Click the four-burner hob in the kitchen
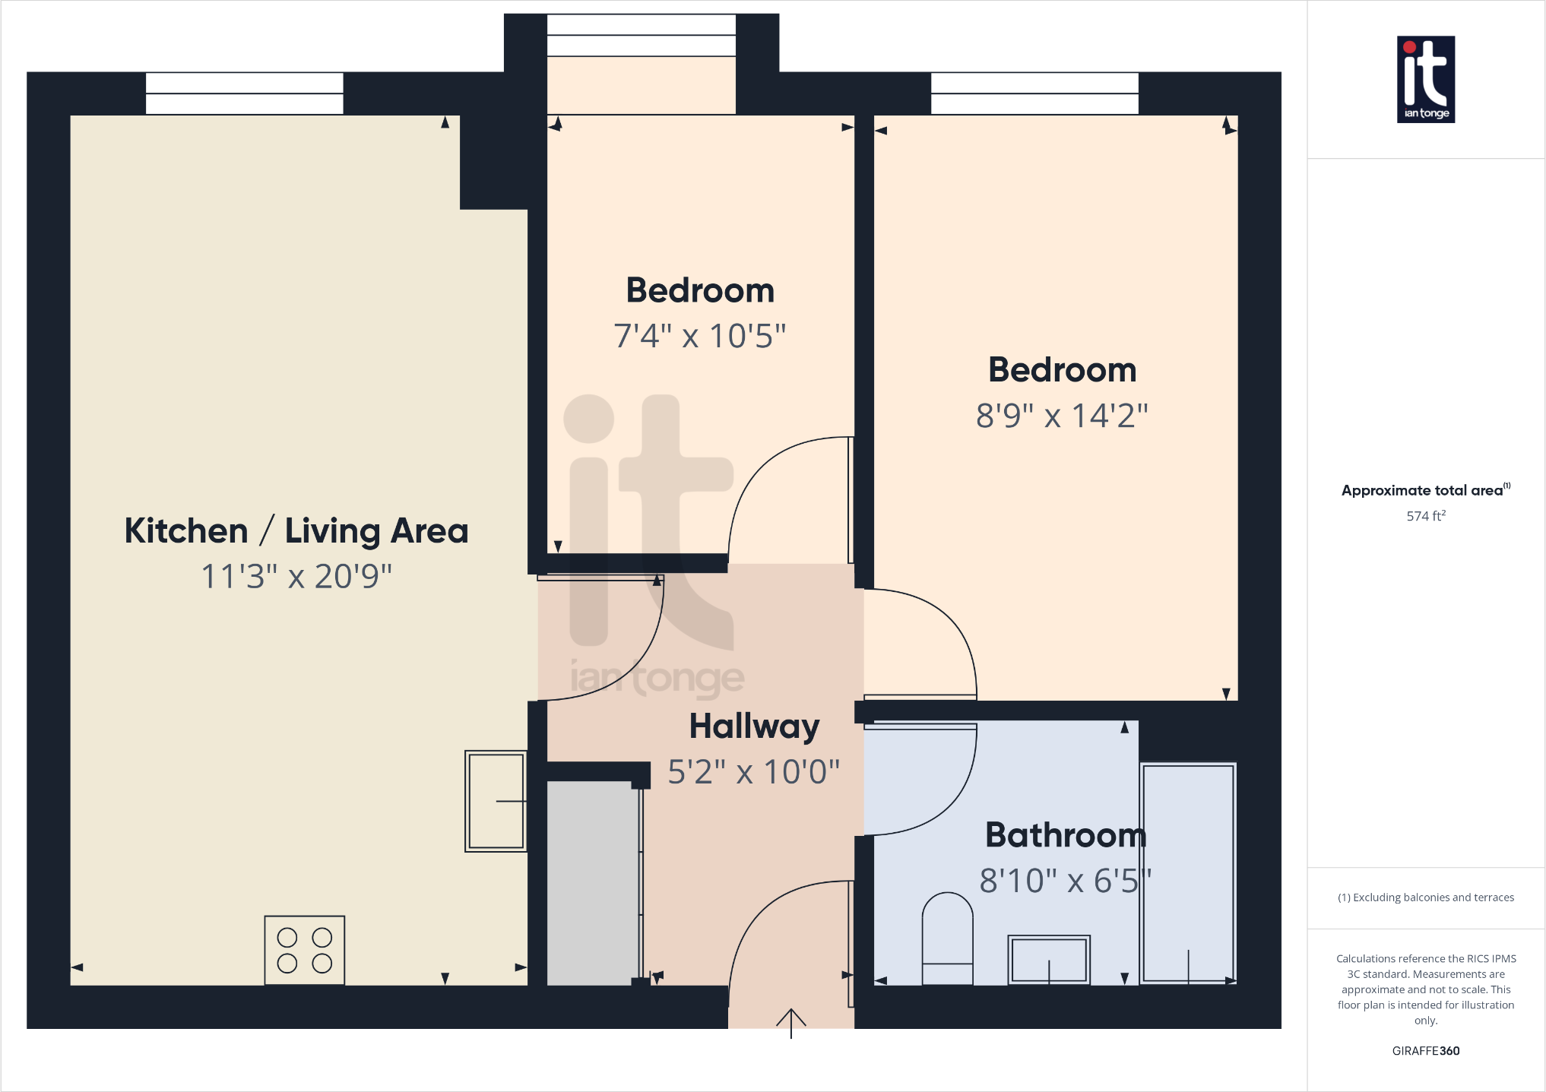click(304, 950)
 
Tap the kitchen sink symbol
click(496, 801)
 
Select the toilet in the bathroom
click(947, 939)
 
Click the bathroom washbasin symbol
click(1049, 960)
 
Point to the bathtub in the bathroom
click(1188, 873)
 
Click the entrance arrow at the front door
click(790, 1022)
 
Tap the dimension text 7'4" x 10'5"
click(699, 336)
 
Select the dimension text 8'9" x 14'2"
click(1062, 416)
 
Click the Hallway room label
click(754, 726)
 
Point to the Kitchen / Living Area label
click(296, 530)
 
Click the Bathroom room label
click(1065, 835)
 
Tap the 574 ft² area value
click(1425, 516)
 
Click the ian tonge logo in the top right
click(1426, 79)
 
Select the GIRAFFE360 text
click(1425, 1051)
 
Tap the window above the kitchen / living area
click(244, 93)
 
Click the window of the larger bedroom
click(1034, 93)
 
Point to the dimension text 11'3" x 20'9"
click(296, 576)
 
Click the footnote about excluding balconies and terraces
click(1425, 897)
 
